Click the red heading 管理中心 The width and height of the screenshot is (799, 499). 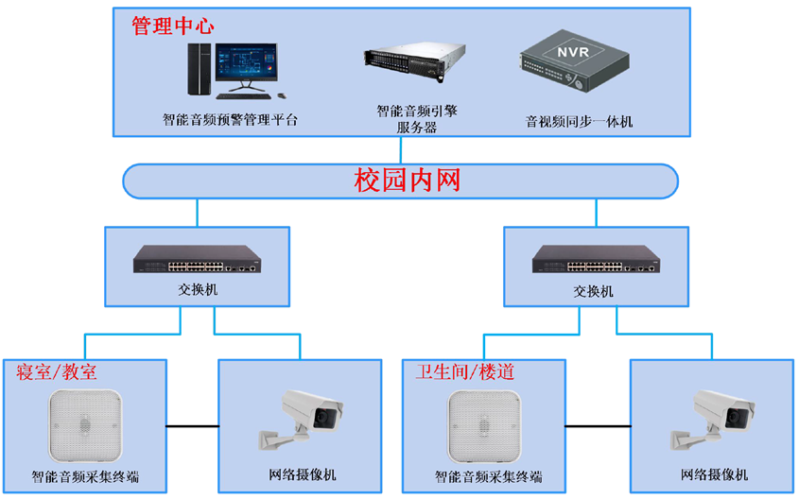[x=173, y=26]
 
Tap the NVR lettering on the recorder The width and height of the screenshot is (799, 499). [x=573, y=52]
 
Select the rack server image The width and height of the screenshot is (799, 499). [x=414, y=62]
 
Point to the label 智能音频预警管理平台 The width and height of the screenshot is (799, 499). [x=230, y=120]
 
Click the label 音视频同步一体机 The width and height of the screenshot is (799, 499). [x=579, y=122]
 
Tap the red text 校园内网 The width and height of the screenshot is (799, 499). [x=408, y=181]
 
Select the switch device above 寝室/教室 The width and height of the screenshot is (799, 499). [x=198, y=259]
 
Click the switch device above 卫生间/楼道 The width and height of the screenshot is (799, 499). [x=597, y=259]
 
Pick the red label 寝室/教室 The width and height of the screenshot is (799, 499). [x=56, y=372]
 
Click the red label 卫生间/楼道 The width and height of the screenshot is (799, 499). [x=464, y=372]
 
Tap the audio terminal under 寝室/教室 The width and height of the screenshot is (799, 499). [x=85, y=426]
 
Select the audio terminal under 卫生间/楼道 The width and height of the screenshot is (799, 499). [x=484, y=426]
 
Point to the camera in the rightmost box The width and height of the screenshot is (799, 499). [x=712, y=420]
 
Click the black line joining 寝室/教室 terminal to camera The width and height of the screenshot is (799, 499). [x=193, y=426]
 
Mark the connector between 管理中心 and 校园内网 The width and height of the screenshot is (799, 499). [x=401, y=150]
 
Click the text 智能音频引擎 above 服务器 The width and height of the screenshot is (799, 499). [x=417, y=111]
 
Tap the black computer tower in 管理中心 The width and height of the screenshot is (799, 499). [x=200, y=69]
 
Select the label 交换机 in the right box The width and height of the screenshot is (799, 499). [x=593, y=291]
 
